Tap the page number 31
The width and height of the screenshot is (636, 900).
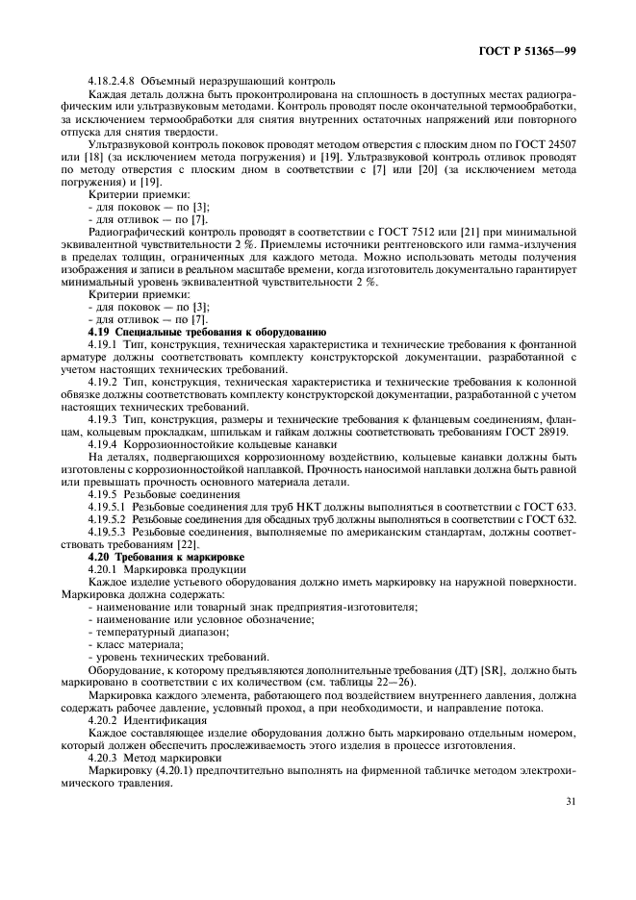tap(571, 824)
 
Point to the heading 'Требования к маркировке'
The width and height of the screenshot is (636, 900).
tap(182, 557)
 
